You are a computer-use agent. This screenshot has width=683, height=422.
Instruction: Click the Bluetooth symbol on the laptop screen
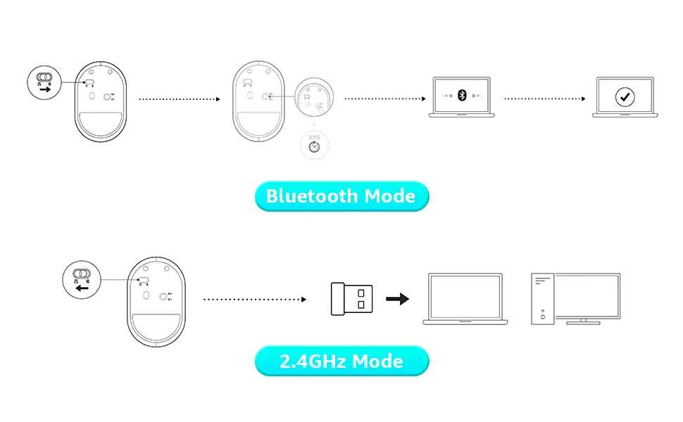(x=462, y=95)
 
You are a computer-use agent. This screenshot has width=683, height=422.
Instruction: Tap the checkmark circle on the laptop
(x=625, y=96)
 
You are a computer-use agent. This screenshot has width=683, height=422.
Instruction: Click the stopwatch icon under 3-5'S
(x=314, y=146)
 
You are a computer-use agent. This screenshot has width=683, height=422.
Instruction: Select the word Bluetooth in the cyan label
(x=312, y=196)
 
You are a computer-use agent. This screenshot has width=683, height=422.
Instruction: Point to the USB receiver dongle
(x=352, y=298)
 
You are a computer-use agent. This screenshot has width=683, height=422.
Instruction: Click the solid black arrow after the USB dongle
(x=398, y=299)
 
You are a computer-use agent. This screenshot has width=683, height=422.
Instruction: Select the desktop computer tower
(x=542, y=299)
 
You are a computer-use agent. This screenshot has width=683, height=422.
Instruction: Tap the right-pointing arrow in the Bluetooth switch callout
(x=45, y=90)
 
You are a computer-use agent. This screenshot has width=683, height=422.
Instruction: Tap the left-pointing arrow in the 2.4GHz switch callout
(x=83, y=288)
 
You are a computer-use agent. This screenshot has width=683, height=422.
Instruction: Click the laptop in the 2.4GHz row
(x=465, y=299)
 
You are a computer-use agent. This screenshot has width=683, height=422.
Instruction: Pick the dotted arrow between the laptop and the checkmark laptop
(x=545, y=98)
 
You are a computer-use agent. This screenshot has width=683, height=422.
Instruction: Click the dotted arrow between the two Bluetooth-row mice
(x=180, y=99)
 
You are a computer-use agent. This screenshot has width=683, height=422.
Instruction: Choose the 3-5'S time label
(x=314, y=128)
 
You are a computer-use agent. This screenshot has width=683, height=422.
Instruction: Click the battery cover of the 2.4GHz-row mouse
(x=158, y=328)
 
